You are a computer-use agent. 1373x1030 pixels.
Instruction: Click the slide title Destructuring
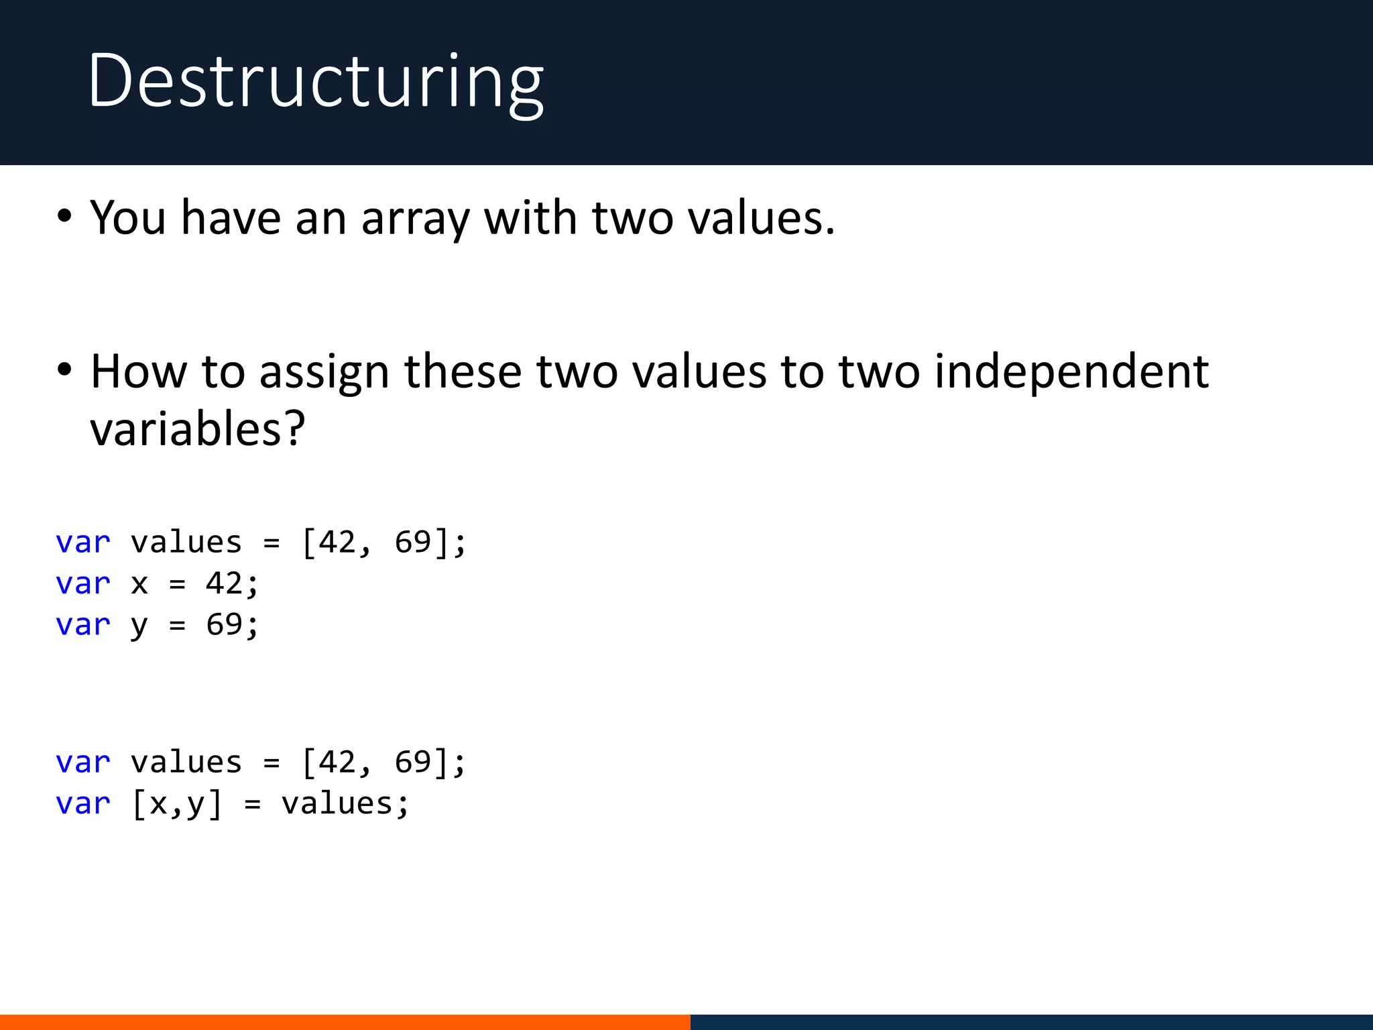tap(315, 82)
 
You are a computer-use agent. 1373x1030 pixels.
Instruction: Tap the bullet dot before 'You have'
tap(64, 217)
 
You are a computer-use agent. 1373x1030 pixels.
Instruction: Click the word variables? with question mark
tap(198, 429)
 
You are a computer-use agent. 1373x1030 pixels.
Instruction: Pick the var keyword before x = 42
tap(83, 583)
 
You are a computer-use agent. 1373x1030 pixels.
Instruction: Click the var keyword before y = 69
tap(83, 625)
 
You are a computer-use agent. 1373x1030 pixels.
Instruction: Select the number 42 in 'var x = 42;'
tap(224, 583)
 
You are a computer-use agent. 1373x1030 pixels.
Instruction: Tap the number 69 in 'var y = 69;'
tap(224, 625)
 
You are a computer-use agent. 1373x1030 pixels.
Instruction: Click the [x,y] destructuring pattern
tap(177, 804)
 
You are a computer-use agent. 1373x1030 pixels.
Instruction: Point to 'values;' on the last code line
tap(345, 804)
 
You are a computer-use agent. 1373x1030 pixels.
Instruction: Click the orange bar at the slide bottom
tap(345, 1022)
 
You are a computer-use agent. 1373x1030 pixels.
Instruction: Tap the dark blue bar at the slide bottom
tap(1031, 1022)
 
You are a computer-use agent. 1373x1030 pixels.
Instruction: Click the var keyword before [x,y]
tap(83, 804)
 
